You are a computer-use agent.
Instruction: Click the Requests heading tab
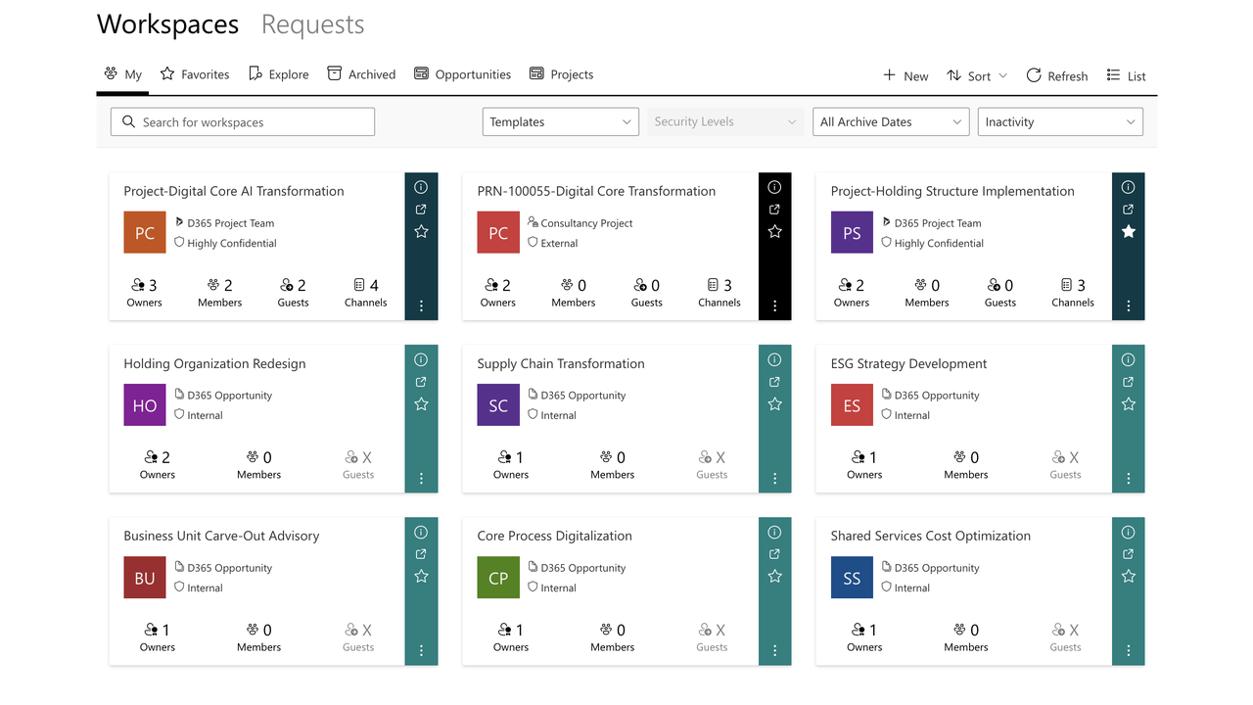[312, 24]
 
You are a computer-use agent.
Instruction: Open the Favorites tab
[195, 74]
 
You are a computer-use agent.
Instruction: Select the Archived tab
[361, 74]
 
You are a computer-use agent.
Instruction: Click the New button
[905, 75]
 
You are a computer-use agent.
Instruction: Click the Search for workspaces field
[243, 122]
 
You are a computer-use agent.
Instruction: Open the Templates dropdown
[560, 122]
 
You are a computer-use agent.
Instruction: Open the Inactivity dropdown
[1060, 122]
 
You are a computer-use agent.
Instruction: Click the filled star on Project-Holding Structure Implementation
[1128, 231]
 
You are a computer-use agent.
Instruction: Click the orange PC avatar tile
[145, 233]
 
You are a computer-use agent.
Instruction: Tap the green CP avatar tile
[498, 578]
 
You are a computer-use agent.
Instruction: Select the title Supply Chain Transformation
[561, 363]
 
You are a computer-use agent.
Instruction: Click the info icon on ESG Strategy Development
[1128, 359]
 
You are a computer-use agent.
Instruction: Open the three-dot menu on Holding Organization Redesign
[421, 479]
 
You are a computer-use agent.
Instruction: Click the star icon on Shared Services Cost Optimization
[1128, 577]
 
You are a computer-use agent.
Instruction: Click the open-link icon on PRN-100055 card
[774, 210]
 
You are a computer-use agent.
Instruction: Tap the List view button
[1126, 75]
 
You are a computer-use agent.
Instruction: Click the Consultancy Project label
[585, 223]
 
